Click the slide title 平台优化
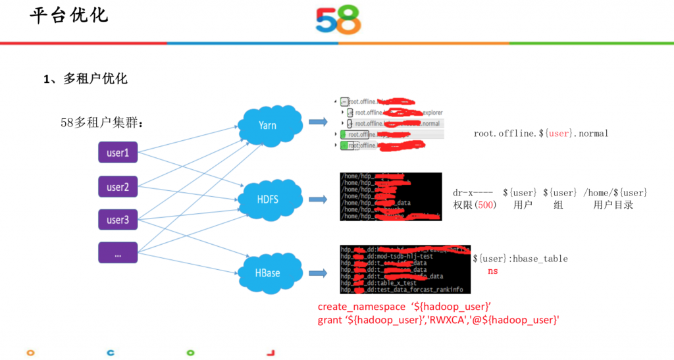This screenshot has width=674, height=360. (x=69, y=15)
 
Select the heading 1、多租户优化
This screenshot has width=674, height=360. (x=86, y=79)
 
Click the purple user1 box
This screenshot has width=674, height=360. (x=118, y=153)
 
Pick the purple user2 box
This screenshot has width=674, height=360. (x=118, y=187)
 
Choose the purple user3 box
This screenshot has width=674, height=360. (x=118, y=220)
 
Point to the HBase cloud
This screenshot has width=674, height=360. (x=267, y=272)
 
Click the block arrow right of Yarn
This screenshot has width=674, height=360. (x=318, y=122)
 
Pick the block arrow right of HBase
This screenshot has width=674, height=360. (x=318, y=272)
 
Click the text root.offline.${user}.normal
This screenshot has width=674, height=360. (x=541, y=134)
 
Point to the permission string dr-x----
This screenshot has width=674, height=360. (x=473, y=193)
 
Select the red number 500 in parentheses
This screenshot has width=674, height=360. (x=484, y=205)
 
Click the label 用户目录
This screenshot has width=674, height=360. (x=613, y=205)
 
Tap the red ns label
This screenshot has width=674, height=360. (x=492, y=270)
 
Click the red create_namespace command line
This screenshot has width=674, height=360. (x=405, y=307)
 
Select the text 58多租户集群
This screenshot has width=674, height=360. (x=101, y=122)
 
